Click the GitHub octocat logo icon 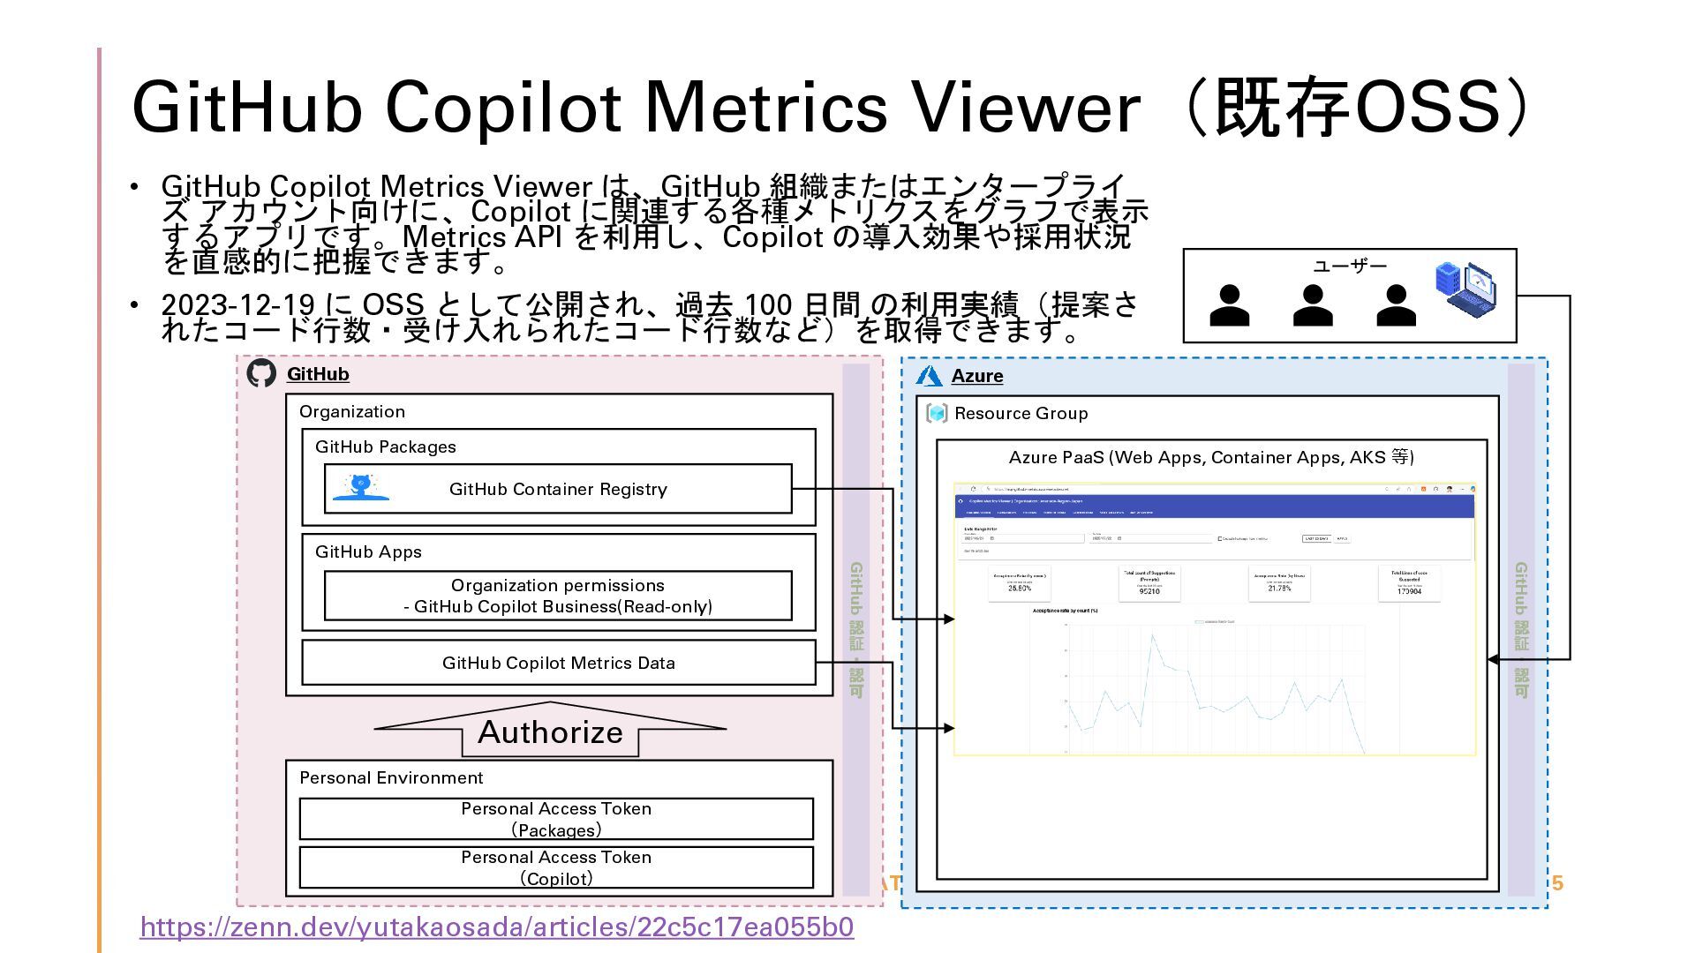261,373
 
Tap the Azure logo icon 929,376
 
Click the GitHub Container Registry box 558,489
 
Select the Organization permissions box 558,596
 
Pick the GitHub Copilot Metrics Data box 558,663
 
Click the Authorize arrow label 550,732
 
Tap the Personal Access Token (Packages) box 556,819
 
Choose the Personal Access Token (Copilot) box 556,867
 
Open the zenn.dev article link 496,927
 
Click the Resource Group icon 937,413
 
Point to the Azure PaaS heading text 1211,457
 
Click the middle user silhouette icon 1313,305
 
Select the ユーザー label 1350,266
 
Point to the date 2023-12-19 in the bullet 237,305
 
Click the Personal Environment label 391,777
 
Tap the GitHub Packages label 386,446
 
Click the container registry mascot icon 360,487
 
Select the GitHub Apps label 368,552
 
